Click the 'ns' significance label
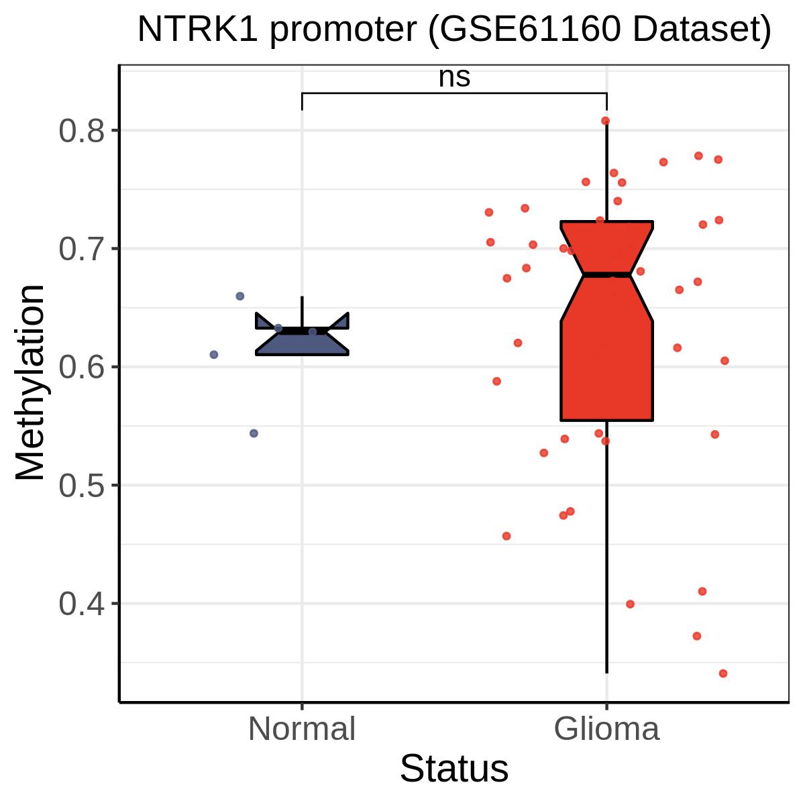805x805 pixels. click(x=454, y=78)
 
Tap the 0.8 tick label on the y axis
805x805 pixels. click(x=81, y=131)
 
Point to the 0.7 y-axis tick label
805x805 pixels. click(x=81, y=249)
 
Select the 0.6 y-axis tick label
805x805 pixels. click(x=81, y=367)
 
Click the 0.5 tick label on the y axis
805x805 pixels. click(x=81, y=486)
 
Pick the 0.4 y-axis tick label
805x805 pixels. click(x=81, y=604)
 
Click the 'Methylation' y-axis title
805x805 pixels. click(x=30, y=382)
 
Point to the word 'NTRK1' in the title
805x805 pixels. click(x=198, y=30)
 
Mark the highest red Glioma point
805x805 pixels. click(x=605, y=121)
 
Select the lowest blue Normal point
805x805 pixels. click(x=254, y=433)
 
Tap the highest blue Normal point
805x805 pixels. click(x=239, y=297)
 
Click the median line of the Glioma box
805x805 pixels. click(x=606, y=274)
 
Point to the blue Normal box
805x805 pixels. click(x=302, y=343)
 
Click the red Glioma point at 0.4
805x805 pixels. click(x=630, y=604)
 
